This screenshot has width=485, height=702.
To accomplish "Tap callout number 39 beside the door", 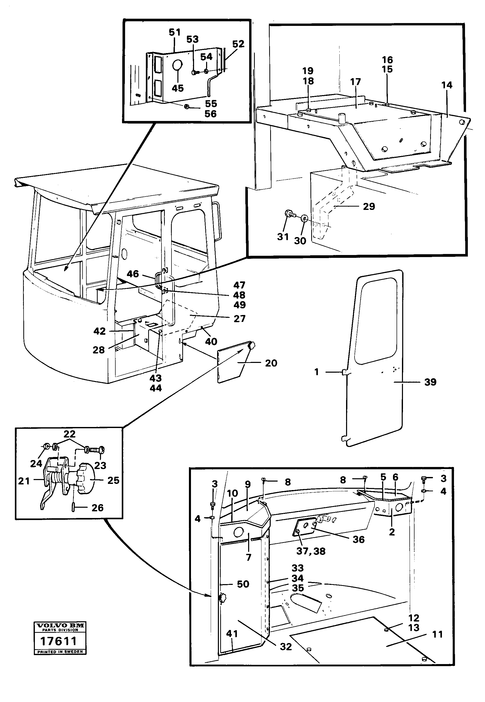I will (430, 382).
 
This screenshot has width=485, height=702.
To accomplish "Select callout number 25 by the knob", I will (113, 481).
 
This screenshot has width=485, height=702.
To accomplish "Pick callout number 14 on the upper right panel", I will (447, 85).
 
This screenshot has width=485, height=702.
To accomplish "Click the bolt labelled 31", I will (289, 215).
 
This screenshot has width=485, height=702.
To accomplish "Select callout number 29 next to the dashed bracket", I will (369, 207).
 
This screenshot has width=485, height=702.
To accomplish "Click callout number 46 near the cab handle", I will (133, 274).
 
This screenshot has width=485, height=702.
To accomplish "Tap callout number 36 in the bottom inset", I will (358, 540).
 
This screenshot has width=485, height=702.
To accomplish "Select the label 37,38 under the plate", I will (311, 551).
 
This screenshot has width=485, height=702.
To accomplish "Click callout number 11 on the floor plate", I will (437, 634).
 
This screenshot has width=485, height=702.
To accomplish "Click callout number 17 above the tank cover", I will (355, 82).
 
